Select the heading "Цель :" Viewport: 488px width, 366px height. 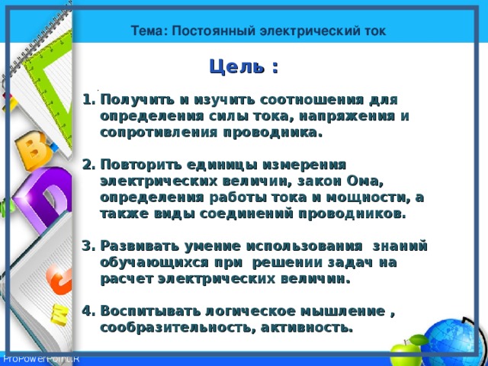[243, 67]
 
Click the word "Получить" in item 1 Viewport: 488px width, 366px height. [133, 99]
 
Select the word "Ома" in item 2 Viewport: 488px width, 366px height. [363, 181]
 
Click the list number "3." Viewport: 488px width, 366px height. [87, 246]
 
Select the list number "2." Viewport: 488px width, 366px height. [87, 165]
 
